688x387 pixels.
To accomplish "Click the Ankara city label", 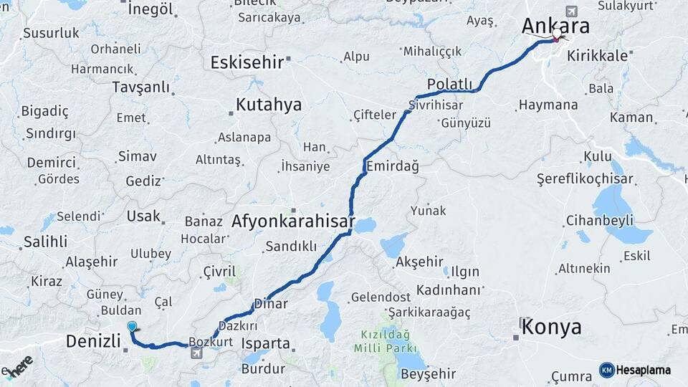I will point(555,27).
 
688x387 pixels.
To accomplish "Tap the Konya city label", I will point(551,328).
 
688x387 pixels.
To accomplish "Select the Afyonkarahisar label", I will point(292,222).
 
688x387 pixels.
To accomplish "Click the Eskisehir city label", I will point(247,62).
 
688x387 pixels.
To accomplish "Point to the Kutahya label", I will point(269,105).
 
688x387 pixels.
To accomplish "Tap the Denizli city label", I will point(92,340).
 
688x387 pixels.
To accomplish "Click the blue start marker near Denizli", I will point(132,327).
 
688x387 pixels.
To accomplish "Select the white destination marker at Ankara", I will point(557,34).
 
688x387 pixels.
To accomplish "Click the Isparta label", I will point(266,343).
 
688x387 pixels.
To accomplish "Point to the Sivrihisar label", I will point(435,105).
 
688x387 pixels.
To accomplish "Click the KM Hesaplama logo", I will point(636,370).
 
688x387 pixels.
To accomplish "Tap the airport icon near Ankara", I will point(571,11).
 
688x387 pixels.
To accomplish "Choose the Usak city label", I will point(143,216).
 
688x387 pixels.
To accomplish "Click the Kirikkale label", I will point(594,54).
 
